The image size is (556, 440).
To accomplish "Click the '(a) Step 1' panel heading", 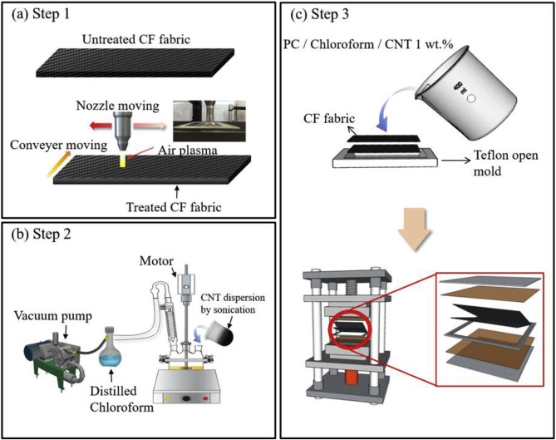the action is (41, 14).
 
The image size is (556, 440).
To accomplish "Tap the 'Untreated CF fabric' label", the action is (136, 39).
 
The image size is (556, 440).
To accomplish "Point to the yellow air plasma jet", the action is (123, 161).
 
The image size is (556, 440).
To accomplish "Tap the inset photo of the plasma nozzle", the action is (209, 121).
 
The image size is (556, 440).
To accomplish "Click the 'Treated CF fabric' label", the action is (174, 207).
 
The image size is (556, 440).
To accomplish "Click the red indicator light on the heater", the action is (205, 399).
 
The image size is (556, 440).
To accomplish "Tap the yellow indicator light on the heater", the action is (168, 399).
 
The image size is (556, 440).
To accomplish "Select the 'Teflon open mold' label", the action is (506, 163).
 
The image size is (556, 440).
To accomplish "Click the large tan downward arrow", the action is (414, 230).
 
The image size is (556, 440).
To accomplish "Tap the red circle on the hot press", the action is (349, 329).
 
